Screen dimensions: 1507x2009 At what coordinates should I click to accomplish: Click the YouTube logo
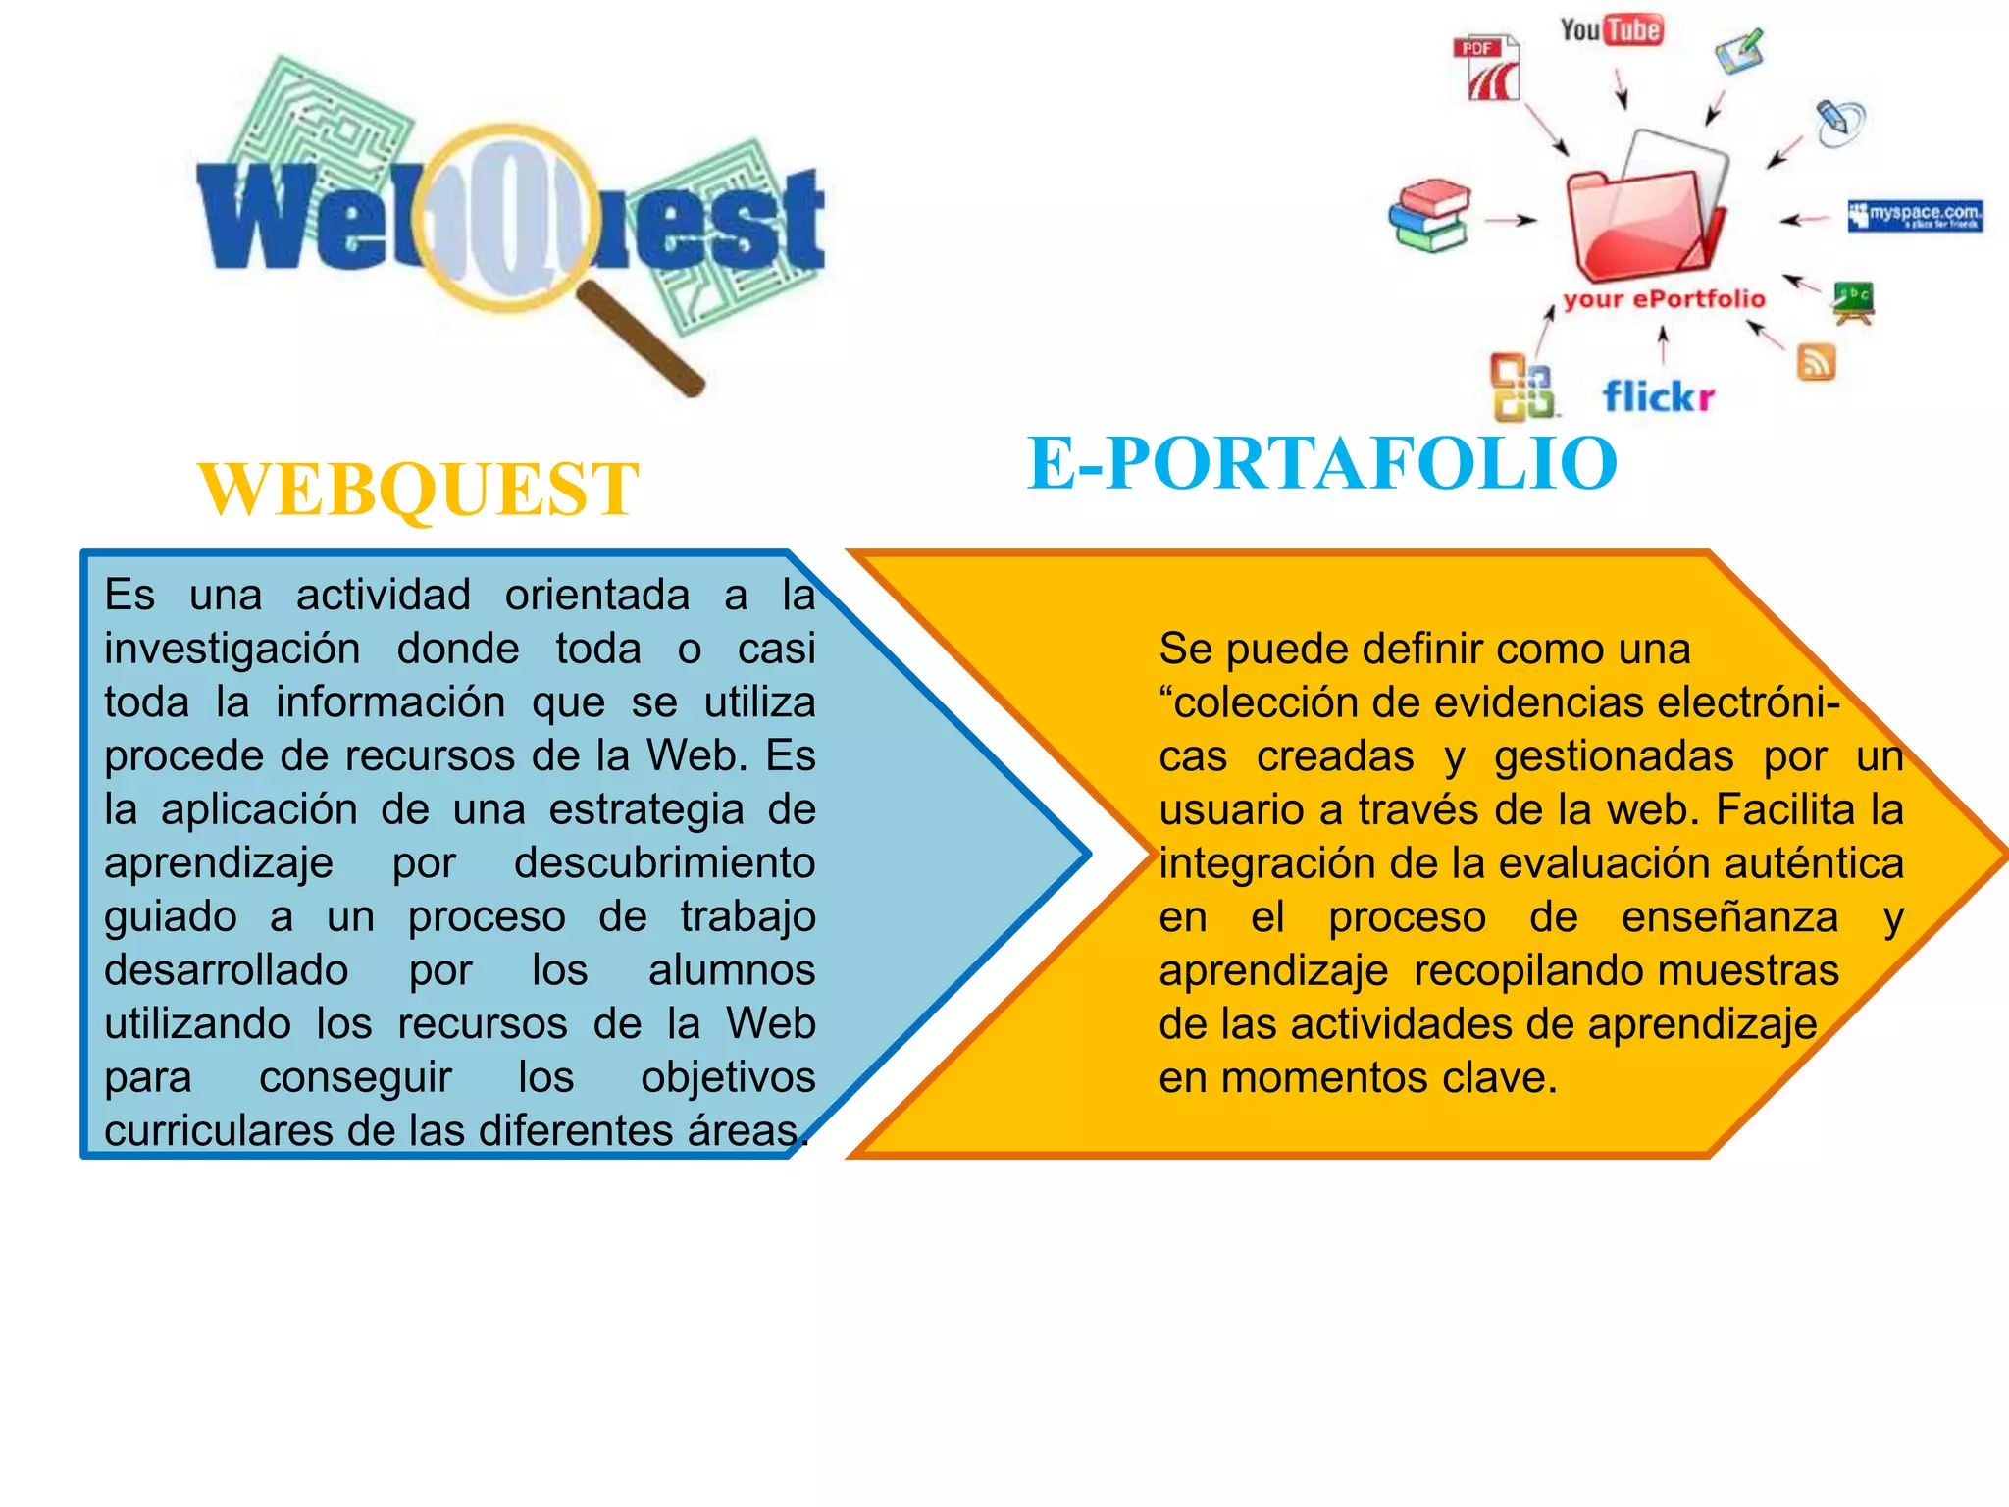click(x=1611, y=30)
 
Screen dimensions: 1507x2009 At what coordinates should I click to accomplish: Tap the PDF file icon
click(x=1489, y=69)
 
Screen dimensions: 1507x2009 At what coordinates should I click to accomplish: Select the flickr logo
click(x=1659, y=396)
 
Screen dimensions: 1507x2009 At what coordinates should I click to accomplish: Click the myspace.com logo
click(x=1915, y=215)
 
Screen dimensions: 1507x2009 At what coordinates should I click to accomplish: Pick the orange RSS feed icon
click(x=1816, y=362)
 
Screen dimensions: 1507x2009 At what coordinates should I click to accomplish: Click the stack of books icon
click(x=1431, y=216)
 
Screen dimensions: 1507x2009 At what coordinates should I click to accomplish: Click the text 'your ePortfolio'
click(x=1664, y=299)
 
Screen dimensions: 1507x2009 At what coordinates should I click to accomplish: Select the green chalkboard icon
click(x=1853, y=300)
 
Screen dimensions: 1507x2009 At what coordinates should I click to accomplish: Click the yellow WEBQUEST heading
click(x=419, y=489)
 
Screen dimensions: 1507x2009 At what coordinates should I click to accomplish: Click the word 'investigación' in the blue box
click(x=232, y=649)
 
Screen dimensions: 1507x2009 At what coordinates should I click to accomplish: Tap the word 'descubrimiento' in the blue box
click(x=664, y=863)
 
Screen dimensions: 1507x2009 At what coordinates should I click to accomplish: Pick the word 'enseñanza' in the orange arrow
click(x=1729, y=917)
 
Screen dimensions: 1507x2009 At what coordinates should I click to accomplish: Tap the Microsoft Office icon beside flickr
click(x=1522, y=388)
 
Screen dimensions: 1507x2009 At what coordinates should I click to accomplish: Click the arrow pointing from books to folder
click(x=1510, y=220)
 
